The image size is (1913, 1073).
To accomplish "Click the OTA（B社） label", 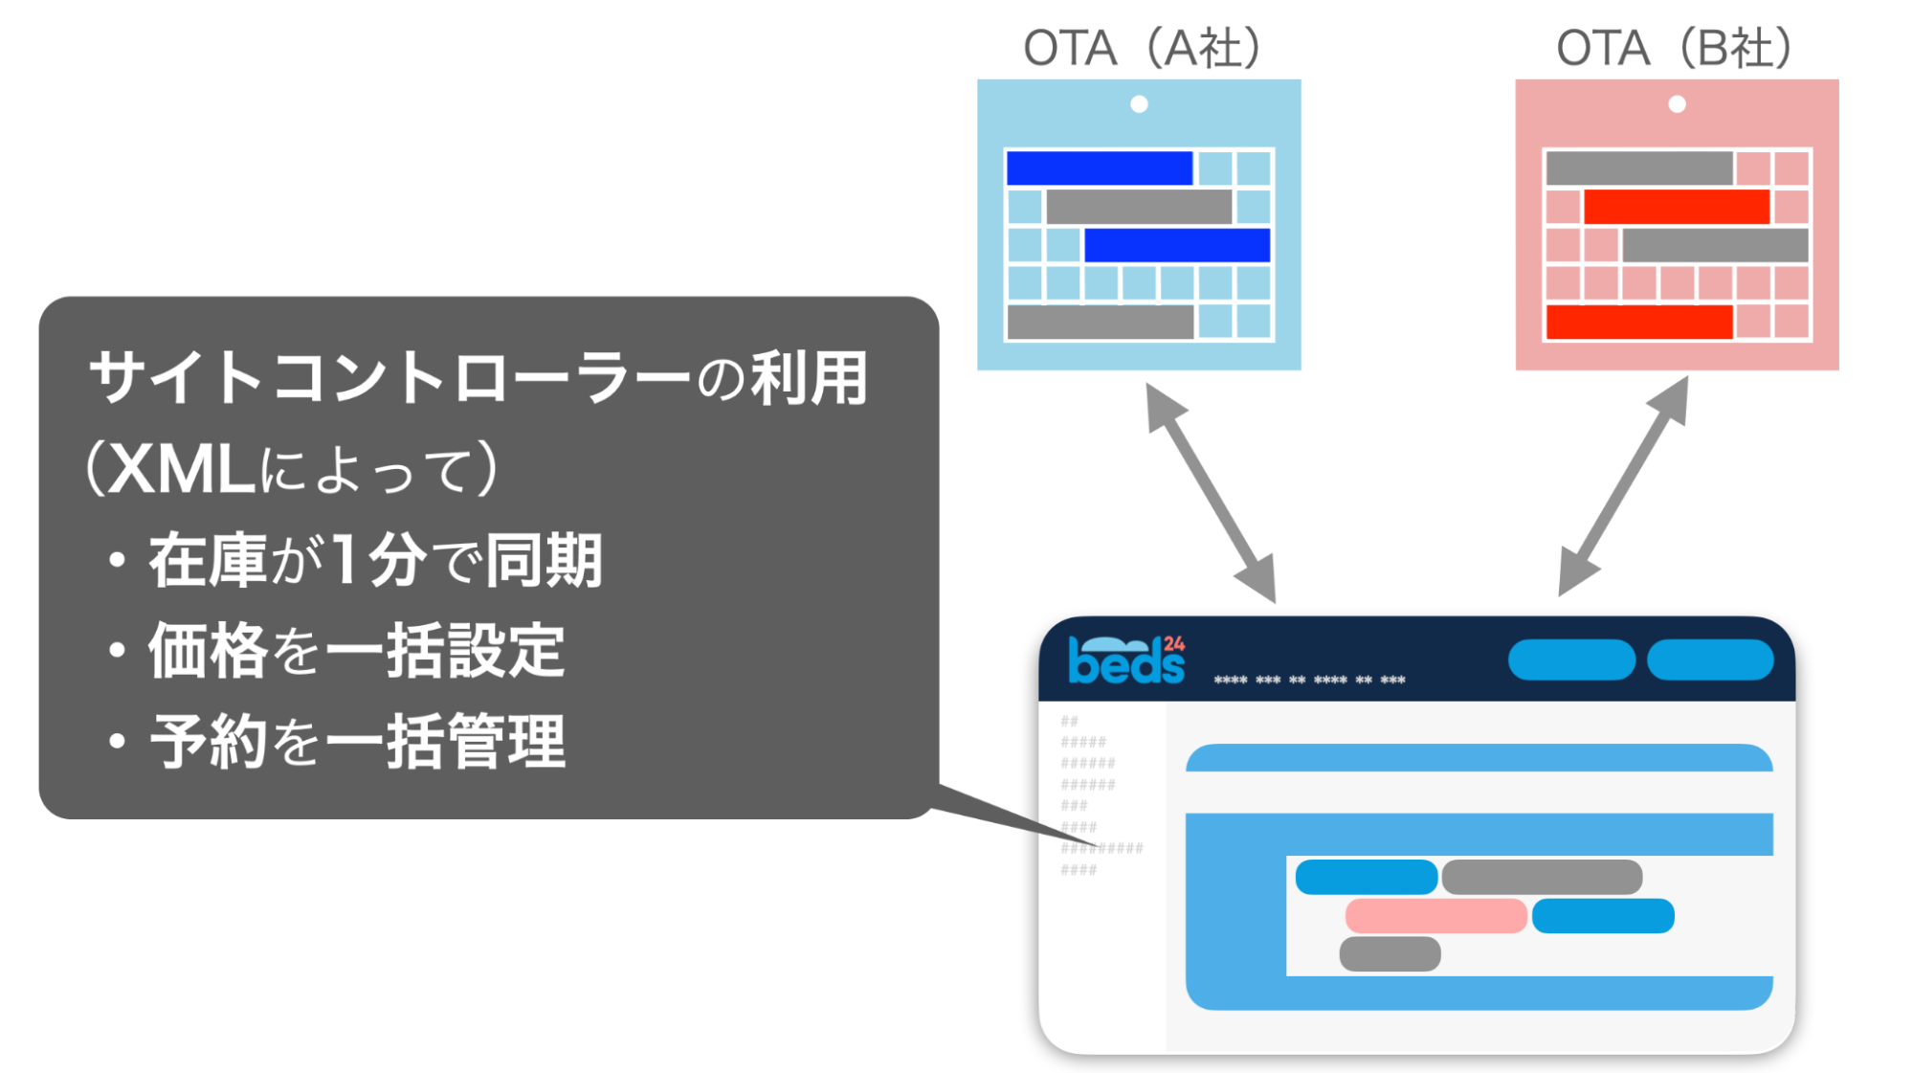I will pyautogui.click(x=1675, y=48).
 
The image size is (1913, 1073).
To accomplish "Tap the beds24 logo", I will pyautogui.click(x=1126, y=660).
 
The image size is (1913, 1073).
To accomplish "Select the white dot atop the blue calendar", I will pyautogui.click(x=1139, y=104).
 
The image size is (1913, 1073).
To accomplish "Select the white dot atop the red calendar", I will pyautogui.click(x=1677, y=104).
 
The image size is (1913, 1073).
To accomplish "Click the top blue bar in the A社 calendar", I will pyautogui.click(x=1100, y=168).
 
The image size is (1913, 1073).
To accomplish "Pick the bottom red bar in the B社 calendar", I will pyautogui.click(x=1639, y=322).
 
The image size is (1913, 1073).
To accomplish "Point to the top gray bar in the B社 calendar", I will pyautogui.click(x=1639, y=168).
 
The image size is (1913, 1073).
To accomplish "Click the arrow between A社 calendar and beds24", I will pyautogui.click(x=1211, y=492).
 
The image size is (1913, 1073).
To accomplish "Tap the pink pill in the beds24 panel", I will pyautogui.click(x=1435, y=916).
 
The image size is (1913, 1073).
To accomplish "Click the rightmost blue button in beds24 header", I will pyautogui.click(x=1710, y=660).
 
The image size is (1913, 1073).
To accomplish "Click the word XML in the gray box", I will pyautogui.click(x=181, y=470).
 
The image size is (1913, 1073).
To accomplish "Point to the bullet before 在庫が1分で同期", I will pyautogui.click(x=117, y=561).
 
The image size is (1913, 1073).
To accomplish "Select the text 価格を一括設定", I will pyautogui.click(x=356, y=651).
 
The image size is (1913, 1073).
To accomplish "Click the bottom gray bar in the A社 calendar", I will pyautogui.click(x=1101, y=322).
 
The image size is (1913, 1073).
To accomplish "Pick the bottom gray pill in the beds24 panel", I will pyautogui.click(x=1390, y=954).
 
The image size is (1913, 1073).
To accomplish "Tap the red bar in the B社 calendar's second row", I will pyautogui.click(x=1677, y=207).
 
